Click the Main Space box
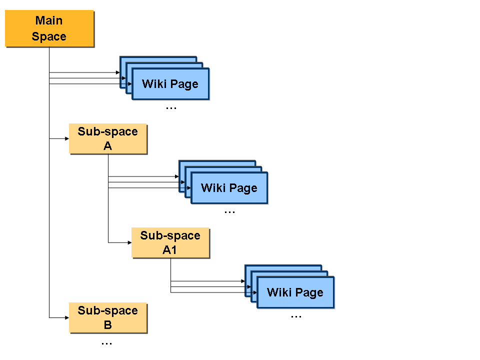point(49,28)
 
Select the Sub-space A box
point(108,138)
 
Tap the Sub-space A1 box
point(170,243)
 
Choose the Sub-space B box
point(108,318)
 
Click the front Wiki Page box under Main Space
point(170,84)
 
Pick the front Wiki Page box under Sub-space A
point(229,188)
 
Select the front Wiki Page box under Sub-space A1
point(295,292)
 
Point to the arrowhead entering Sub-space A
point(67,138)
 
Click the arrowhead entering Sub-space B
point(67,318)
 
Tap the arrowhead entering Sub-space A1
point(129,243)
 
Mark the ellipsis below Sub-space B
point(106,344)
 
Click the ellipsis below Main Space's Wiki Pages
point(171,108)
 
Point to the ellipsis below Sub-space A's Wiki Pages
point(229,212)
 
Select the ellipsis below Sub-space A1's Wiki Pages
point(296,316)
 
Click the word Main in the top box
point(49,21)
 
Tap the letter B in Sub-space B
point(108,325)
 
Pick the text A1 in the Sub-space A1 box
point(169,250)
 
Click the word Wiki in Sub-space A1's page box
point(279,292)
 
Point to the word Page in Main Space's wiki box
point(184,84)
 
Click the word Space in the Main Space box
point(49,36)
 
